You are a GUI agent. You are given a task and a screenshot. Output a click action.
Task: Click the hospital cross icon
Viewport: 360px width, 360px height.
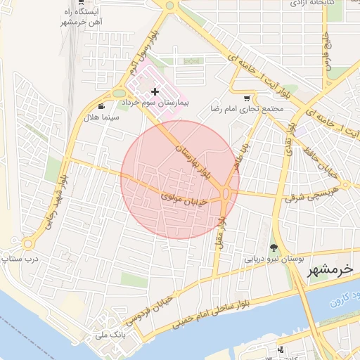[155, 91]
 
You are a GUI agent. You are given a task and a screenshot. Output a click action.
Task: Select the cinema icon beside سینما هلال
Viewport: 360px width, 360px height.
[103, 106]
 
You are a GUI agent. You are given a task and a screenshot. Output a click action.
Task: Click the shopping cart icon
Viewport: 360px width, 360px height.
[246, 98]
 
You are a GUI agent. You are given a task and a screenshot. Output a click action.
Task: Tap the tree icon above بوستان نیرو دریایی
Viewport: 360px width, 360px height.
[273, 247]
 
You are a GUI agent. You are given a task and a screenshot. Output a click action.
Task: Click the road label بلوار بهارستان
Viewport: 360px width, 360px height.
[191, 152]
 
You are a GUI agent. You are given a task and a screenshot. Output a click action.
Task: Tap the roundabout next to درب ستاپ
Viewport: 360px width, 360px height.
[28, 243]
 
